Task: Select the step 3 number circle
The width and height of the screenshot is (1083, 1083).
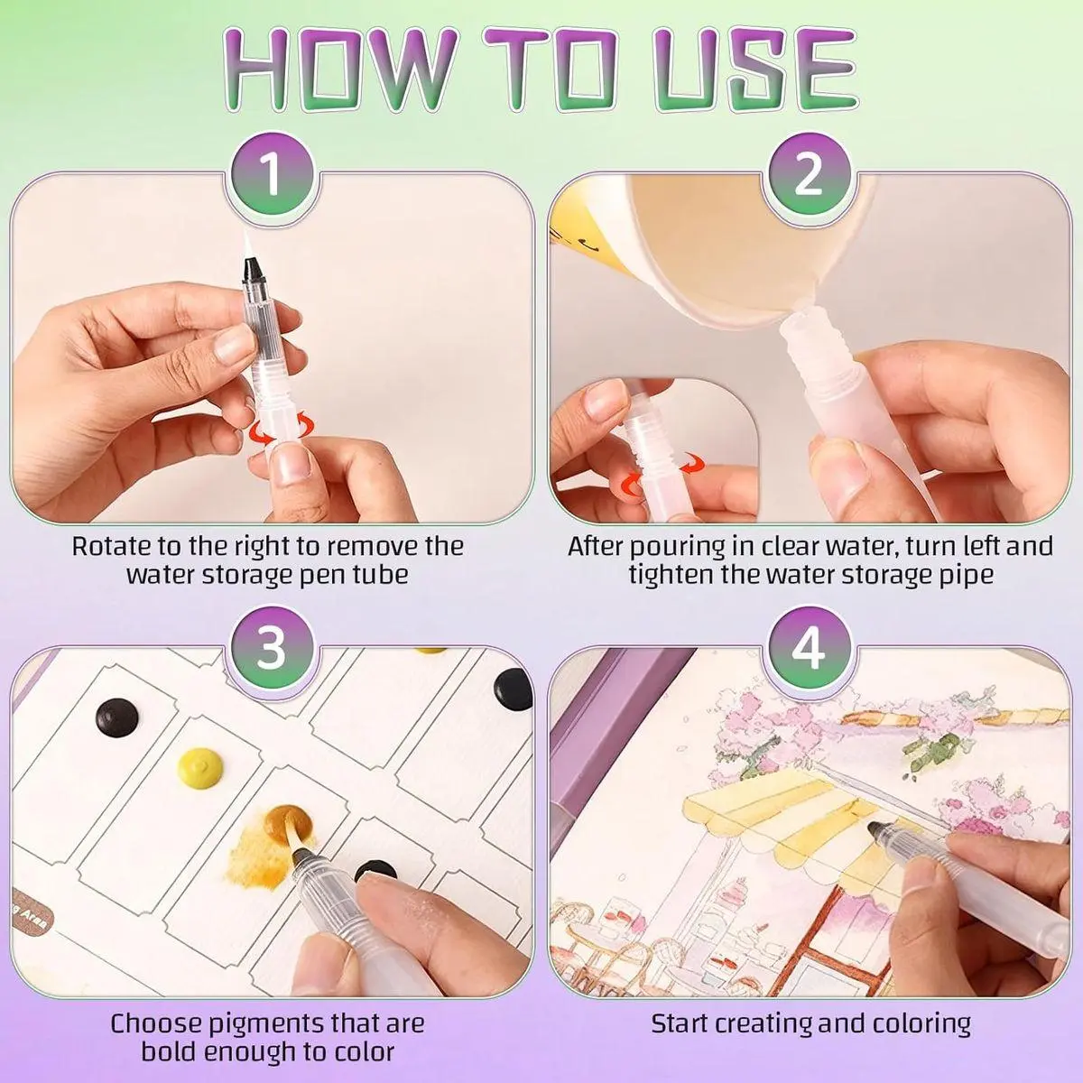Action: [x=273, y=648]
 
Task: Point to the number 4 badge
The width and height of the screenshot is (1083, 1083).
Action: [x=808, y=648]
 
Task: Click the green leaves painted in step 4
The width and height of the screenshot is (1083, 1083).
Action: [x=928, y=752]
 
